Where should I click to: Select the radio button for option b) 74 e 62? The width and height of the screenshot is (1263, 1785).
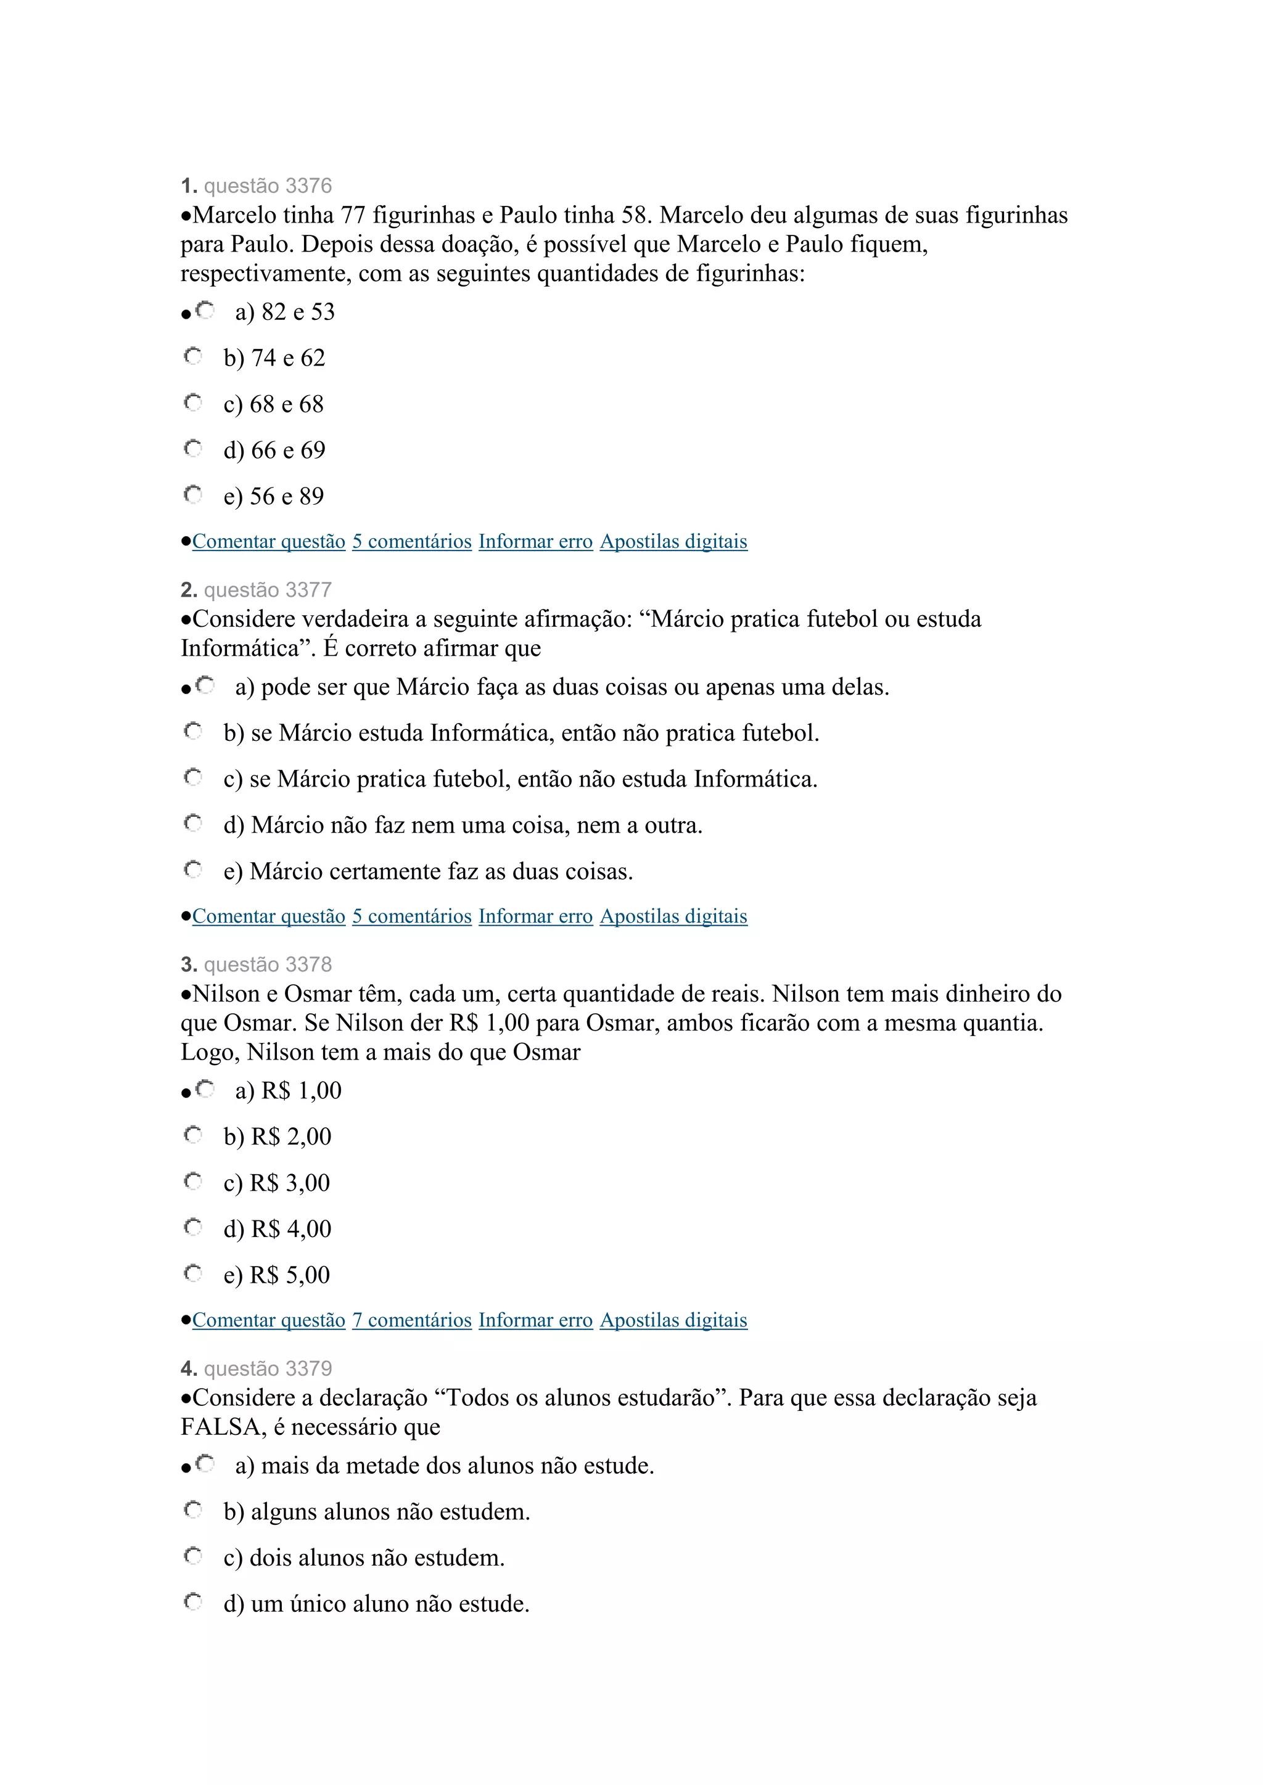(x=193, y=357)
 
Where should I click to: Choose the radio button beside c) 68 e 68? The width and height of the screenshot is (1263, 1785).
(x=193, y=402)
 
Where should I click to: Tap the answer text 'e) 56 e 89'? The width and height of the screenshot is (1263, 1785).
(x=273, y=496)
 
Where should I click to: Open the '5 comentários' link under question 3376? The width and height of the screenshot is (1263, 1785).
(x=411, y=541)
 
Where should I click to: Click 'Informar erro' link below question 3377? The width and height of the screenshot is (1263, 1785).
(x=535, y=916)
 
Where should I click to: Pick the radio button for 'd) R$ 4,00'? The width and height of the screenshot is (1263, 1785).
(x=193, y=1228)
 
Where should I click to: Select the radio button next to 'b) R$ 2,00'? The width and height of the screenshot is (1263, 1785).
(x=193, y=1135)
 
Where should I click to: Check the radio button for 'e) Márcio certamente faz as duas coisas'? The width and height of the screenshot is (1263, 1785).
(x=193, y=869)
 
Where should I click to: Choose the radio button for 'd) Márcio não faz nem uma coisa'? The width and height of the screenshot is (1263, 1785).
(x=193, y=823)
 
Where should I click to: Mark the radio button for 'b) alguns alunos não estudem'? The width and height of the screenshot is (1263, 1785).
(x=193, y=1509)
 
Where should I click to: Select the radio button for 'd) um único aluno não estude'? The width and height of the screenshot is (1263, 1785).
(x=193, y=1603)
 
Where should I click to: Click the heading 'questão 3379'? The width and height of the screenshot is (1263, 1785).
(x=268, y=1368)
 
